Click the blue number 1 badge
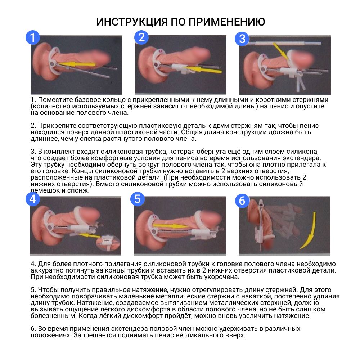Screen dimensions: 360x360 click(x=33, y=37)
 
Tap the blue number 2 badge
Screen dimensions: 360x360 click(x=141, y=37)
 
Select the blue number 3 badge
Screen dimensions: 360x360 click(x=242, y=39)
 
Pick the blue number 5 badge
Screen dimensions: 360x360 click(x=137, y=199)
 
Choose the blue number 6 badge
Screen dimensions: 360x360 click(x=242, y=201)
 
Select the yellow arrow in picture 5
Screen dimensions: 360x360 click(x=170, y=226)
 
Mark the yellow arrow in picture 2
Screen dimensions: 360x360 click(x=204, y=69)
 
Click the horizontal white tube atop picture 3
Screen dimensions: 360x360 click(x=285, y=43)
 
